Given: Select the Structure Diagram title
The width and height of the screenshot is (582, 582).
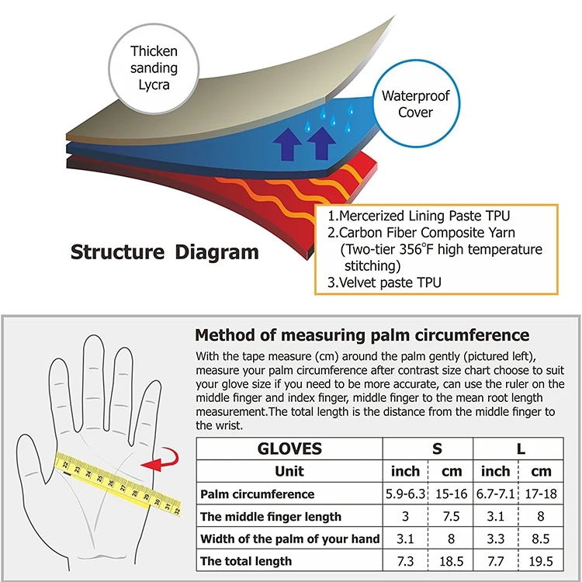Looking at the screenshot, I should coord(165,251).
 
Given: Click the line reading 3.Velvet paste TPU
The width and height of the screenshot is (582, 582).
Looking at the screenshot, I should coord(384,282).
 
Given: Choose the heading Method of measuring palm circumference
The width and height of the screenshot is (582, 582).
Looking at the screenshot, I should coord(362,335).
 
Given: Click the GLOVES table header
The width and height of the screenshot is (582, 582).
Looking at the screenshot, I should coord(289,449).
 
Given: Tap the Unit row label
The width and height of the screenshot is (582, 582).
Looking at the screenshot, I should coord(289,471).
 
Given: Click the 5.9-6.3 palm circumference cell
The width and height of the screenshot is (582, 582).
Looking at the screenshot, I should coord(406,494).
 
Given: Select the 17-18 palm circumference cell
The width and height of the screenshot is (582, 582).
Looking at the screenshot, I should coord(540,494).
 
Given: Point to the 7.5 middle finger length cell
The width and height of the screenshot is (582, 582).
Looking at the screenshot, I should coord(451,517).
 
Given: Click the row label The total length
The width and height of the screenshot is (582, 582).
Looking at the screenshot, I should coord(247,561).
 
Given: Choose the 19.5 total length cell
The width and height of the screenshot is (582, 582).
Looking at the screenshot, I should coord(540,561).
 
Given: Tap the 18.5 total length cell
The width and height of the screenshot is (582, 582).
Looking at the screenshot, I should coord(451,561).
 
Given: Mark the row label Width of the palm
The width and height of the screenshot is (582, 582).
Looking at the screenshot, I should coord(289,539).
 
